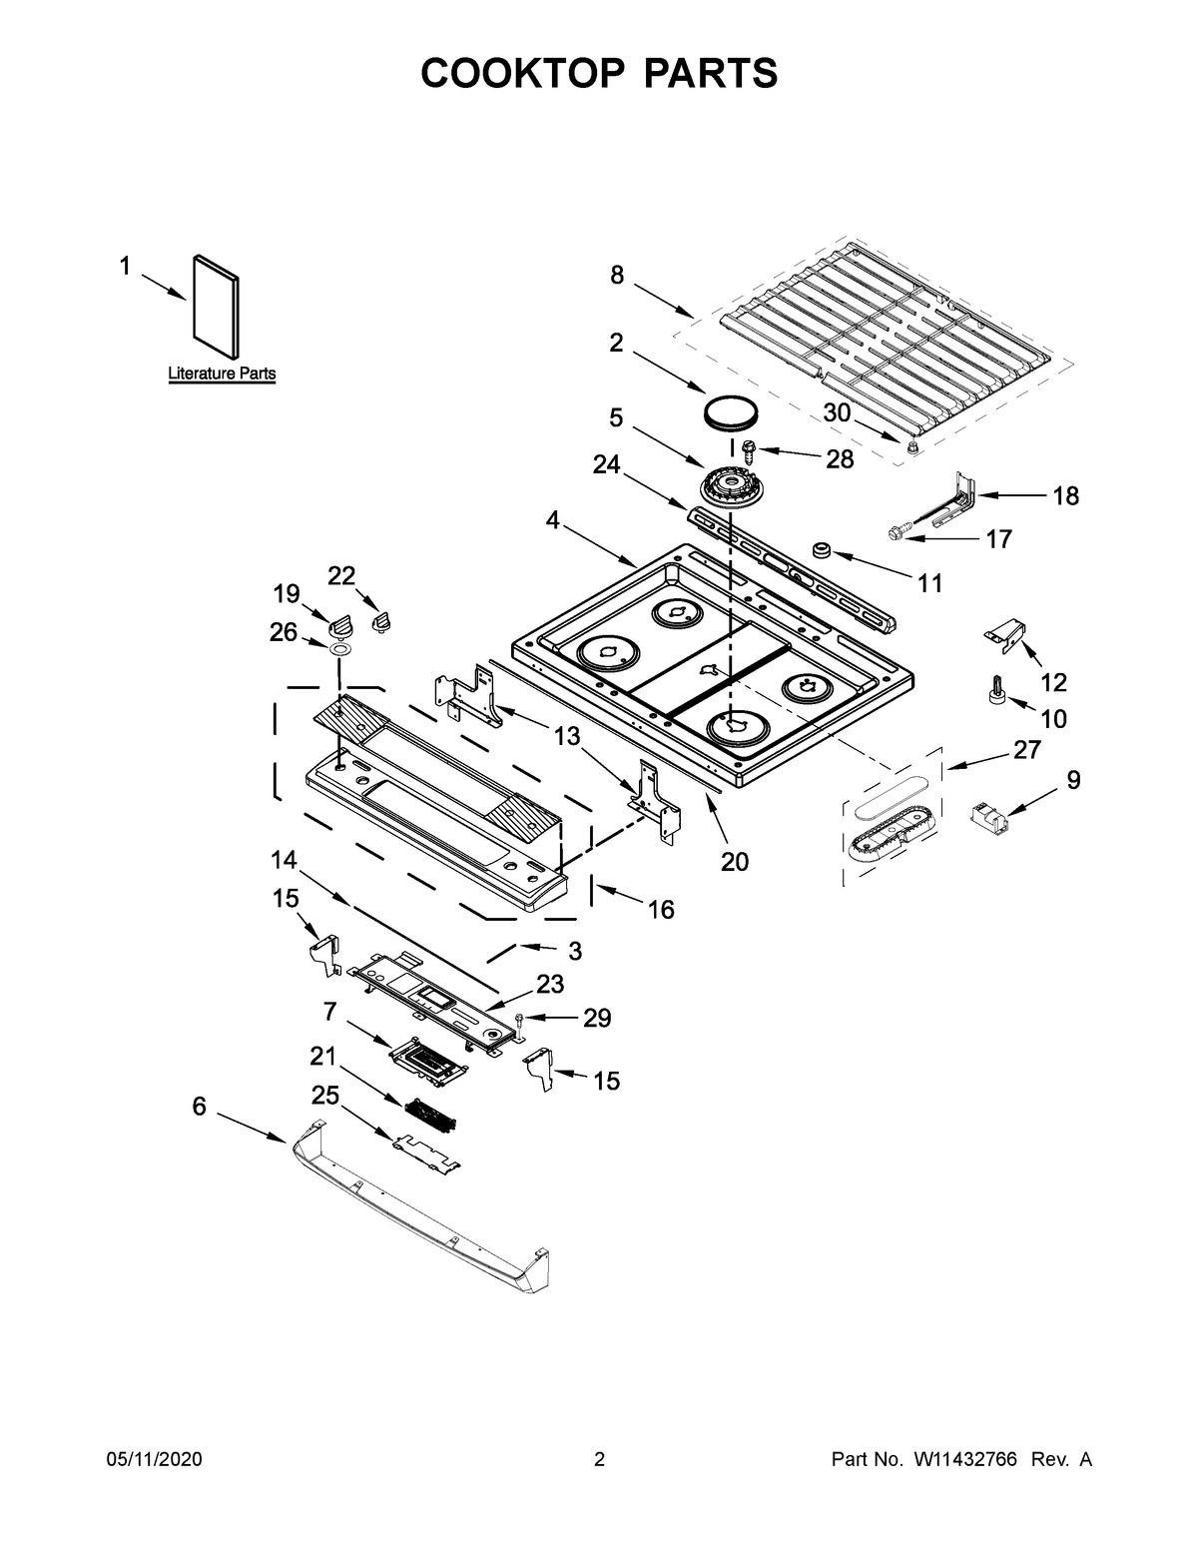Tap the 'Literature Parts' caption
pos(222,374)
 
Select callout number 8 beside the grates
pos(617,275)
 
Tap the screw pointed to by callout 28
pos(748,451)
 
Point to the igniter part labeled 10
pos(995,691)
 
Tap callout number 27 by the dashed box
pos(1026,750)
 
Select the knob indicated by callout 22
pos(379,623)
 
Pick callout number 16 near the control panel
pos(660,909)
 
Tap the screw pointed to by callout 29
pos(522,1021)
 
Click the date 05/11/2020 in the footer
pos(154,1460)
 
